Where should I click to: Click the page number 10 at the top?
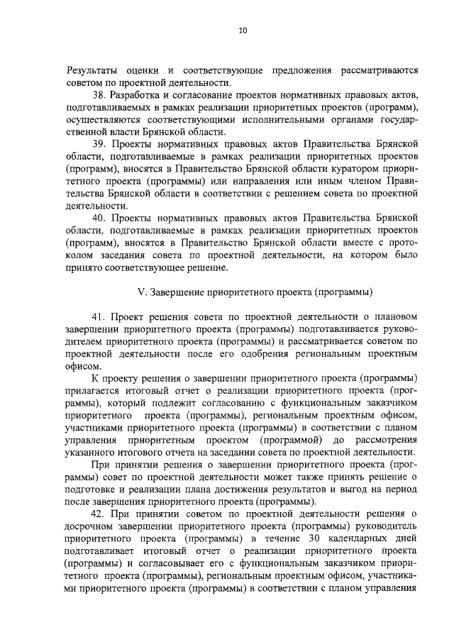tap(243, 30)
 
